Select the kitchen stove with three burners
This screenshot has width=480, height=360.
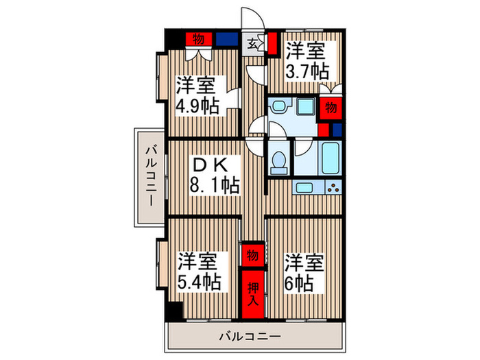[x=332, y=187]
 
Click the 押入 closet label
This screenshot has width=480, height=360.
[x=252, y=296]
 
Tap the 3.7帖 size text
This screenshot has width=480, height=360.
[x=308, y=71]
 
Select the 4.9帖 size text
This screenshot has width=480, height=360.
[x=197, y=106]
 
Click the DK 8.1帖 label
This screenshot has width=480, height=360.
[x=215, y=175]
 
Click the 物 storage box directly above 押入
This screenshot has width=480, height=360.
[x=252, y=256]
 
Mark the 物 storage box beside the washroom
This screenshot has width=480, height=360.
[x=331, y=108]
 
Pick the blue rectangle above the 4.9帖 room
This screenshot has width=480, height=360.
[x=226, y=38]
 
